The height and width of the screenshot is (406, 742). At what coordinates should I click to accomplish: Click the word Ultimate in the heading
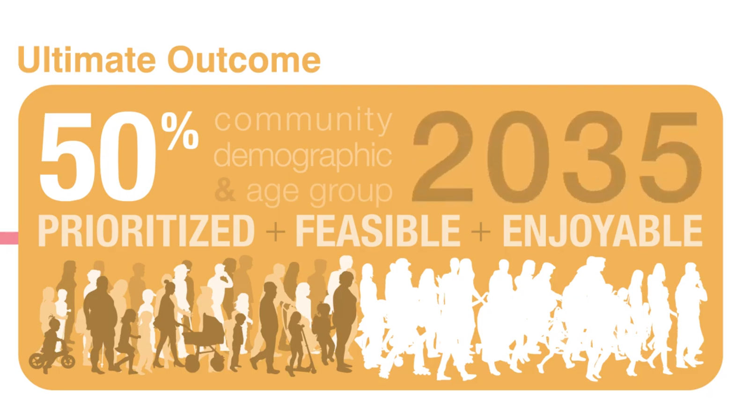click(x=87, y=59)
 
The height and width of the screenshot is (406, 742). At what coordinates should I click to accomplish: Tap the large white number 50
click(x=97, y=156)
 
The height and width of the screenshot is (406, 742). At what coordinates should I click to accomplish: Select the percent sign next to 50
click(x=180, y=130)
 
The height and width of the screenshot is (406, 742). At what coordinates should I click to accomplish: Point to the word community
click(x=303, y=121)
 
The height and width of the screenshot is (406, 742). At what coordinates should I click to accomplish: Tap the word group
click(x=351, y=193)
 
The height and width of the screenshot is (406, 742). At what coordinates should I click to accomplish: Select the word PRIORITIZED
click(x=146, y=231)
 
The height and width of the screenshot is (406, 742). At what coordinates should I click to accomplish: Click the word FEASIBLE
click(x=378, y=231)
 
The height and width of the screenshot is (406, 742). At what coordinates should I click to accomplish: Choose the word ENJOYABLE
click(x=602, y=231)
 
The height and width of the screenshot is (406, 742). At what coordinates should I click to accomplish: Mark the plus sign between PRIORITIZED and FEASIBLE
click(x=275, y=231)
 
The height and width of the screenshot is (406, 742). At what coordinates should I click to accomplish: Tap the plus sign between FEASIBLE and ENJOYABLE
click(x=481, y=231)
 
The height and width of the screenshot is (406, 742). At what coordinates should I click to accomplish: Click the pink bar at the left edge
click(x=9, y=238)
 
